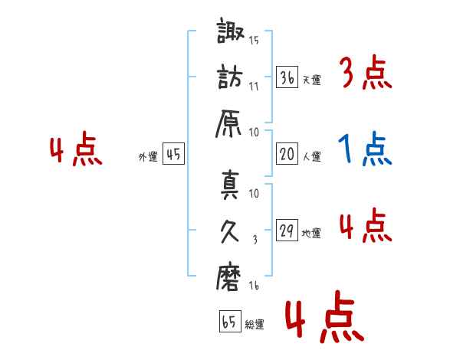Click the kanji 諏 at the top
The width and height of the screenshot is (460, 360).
point(230,31)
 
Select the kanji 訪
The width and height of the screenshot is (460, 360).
point(230,77)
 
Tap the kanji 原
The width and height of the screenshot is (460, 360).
point(228,124)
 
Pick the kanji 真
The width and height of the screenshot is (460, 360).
point(230,185)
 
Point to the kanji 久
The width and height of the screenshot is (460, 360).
point(229,231)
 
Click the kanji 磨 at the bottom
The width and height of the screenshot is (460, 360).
point(228,277)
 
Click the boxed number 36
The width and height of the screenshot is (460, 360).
point(287,77)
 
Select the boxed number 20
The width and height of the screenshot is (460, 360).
point(287,154)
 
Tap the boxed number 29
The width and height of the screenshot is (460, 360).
point(287,230)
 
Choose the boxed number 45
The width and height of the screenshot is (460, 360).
point(174,154)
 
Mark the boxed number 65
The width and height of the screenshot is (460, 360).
point(230,321)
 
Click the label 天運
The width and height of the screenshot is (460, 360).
point(312,80)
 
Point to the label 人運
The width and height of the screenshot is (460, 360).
point(312,156)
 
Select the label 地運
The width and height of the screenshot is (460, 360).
point(311,234)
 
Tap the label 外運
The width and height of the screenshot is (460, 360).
point(148,156)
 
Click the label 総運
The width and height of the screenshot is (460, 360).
point(255,324)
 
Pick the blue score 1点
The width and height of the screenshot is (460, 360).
point(365,149)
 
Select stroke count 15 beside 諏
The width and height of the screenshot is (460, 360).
point(254,40)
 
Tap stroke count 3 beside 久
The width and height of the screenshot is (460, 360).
point(255,240)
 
